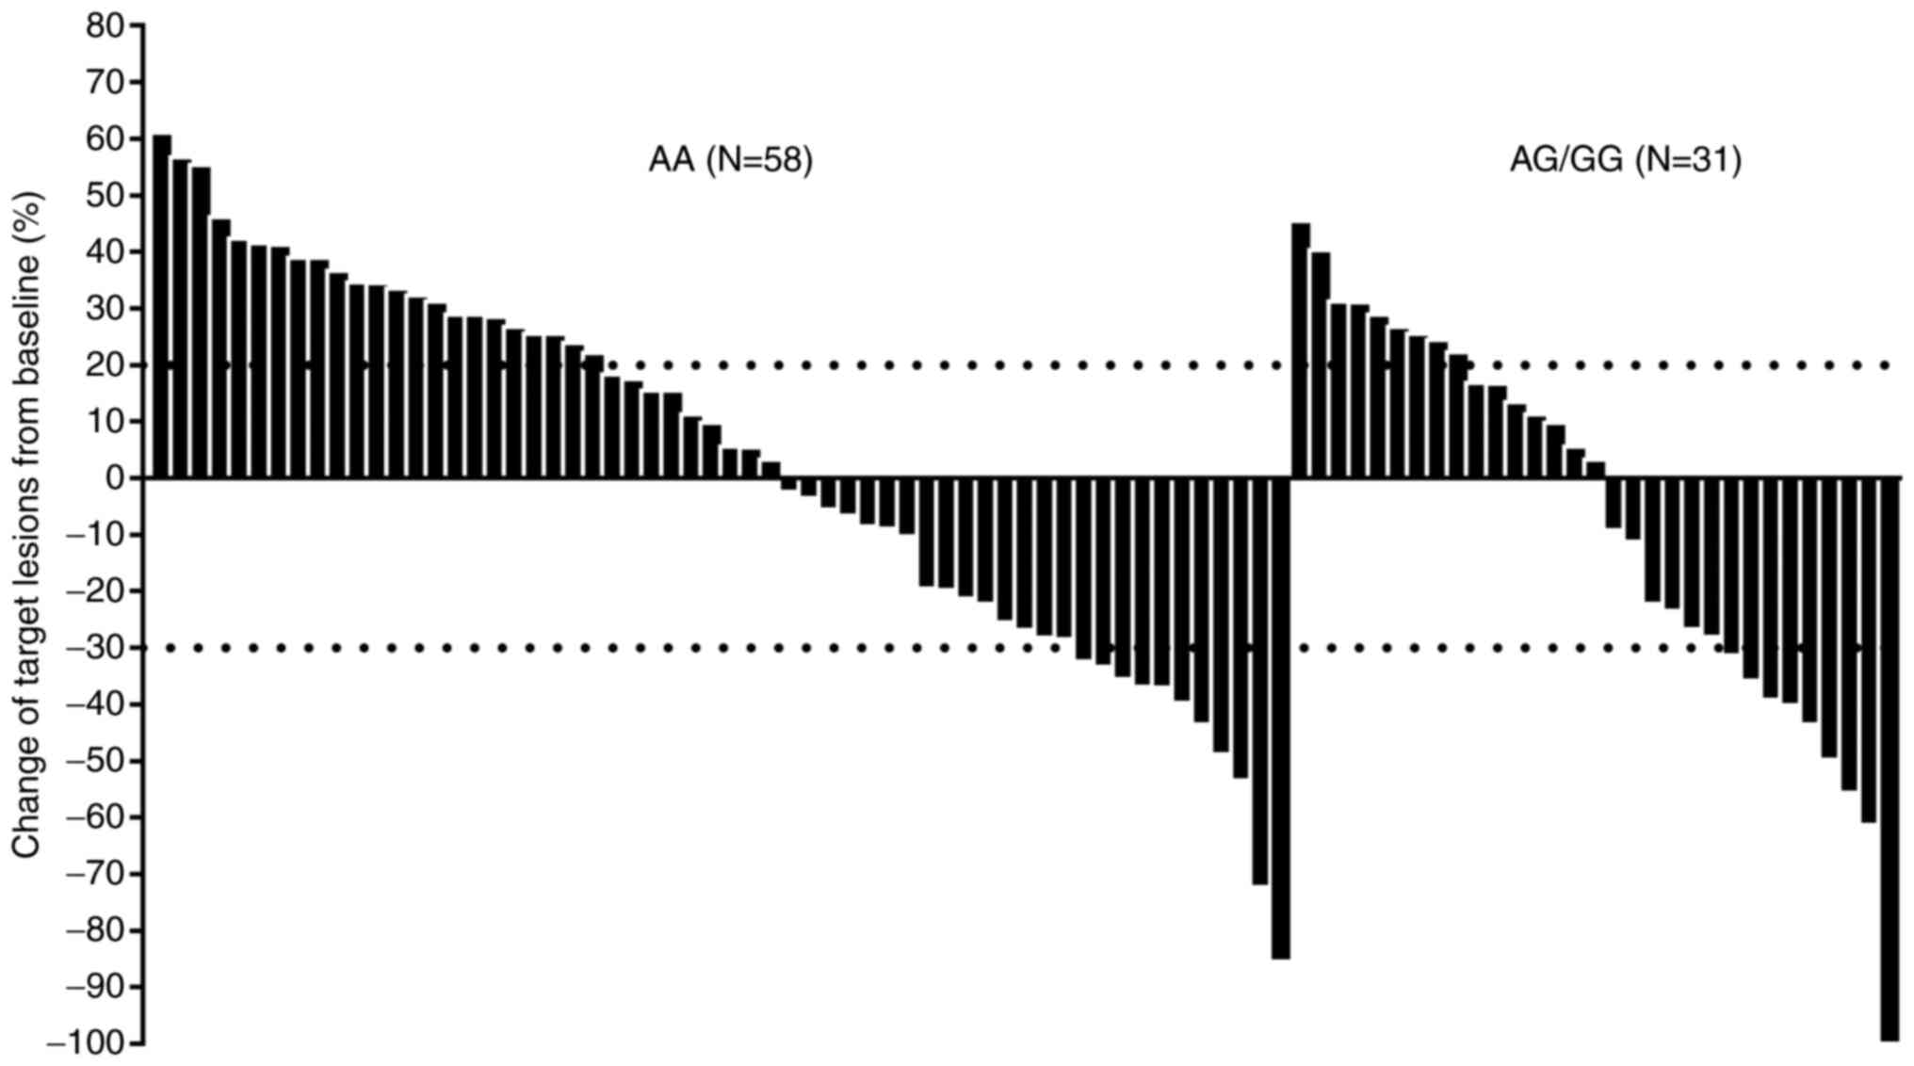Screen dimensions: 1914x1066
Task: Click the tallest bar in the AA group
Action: click(x=162, y=306)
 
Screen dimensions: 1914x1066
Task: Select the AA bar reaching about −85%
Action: click(x=1280, y=718)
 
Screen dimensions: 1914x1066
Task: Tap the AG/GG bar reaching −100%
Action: click(x=1890, y=758)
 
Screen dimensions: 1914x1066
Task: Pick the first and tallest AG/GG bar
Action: click(x=1301, y=350)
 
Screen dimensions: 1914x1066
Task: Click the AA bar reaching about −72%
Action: click(x=1260, y=681)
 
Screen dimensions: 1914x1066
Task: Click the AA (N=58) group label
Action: click(x=730, y=160)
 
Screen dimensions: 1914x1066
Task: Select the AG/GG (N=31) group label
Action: click(x=1626, y=160)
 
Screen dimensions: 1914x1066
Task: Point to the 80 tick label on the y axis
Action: click(x=105, y=26)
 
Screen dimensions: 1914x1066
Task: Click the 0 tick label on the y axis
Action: click(x=115, y=478)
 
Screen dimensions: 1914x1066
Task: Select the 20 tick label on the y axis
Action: click(x=105, y=365)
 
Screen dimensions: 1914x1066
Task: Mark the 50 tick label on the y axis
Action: click(x=105, y=196)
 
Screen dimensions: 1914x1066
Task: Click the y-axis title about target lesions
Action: click(x=28, y=525)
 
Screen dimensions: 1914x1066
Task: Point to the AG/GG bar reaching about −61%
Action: click(x=1869, y=650)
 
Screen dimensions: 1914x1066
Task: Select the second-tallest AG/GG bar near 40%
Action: click(x=1321, y=365)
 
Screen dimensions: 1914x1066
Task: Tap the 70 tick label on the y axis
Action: click(x=105, y=83)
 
